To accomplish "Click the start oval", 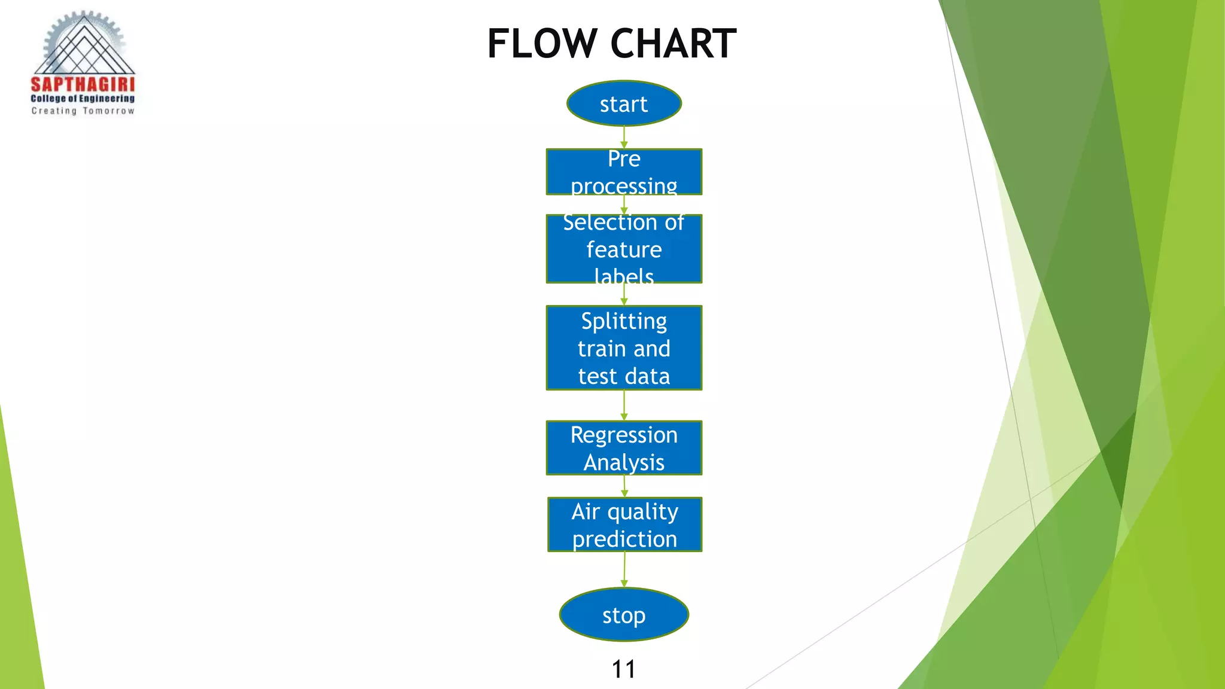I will [x=624, y=103].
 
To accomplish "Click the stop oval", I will [x=624, y=615].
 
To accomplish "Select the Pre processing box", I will [x=624, y=172].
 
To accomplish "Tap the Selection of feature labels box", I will [x=624, y=249].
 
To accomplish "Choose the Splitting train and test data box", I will [x=624, y=348].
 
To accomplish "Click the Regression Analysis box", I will [x=624, y=448].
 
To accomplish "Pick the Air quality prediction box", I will [x=624, y=525].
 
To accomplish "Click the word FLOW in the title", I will [x=542, y=44].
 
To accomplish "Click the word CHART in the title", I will [x=674, y=44].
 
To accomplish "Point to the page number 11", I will [x=623, y=669].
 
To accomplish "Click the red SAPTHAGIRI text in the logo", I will [x=83, y=85].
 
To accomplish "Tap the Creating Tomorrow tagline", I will [x=83, y=111].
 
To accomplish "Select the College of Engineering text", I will [x=83, y=99].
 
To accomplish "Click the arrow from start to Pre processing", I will [x=624, y=138].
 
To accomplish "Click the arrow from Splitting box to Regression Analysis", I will [x=624, y=406].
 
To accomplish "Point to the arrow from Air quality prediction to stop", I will [x=624, y=569].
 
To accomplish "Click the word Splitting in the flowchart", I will [x=624, y=321].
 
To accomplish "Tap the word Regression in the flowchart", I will [x=624, y=435].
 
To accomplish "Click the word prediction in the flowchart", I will [x=624, y=539].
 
